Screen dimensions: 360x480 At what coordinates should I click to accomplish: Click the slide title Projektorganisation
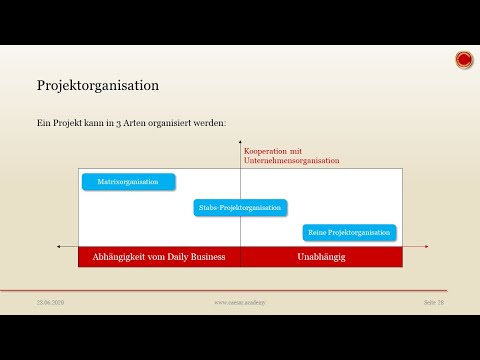pos(98,86)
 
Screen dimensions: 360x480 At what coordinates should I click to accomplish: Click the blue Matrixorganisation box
pos(128,182)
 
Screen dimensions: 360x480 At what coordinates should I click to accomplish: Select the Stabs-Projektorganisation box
pos(240,207)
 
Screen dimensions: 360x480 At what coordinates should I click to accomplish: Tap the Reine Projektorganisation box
pos(349,232)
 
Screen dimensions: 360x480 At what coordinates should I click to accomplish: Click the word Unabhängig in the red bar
pos(321,257)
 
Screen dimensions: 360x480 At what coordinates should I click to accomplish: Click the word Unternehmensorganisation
pos(291,160)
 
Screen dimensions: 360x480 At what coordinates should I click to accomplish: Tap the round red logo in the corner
pos(464,60)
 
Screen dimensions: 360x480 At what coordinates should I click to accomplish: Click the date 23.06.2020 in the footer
pos(50,302)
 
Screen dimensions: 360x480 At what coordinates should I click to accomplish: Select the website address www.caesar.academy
pos(238,302)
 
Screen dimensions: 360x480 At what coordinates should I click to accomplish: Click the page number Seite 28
pos(433,302)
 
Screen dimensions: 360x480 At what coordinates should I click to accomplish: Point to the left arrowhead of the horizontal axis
pos(59,246)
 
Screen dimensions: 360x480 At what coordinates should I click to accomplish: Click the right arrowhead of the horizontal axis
pos(425,246)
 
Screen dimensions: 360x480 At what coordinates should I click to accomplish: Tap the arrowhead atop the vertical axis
pos(241,146)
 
